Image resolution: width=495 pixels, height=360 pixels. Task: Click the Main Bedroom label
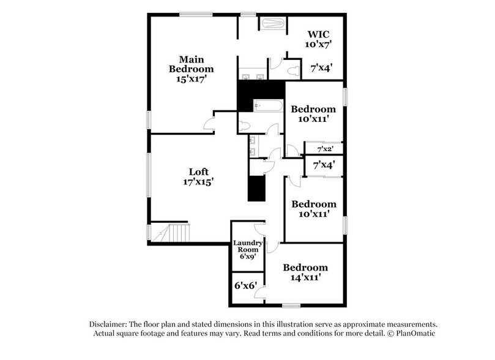tap(192, 69)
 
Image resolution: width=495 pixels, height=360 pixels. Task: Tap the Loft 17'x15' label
tap(197, 176)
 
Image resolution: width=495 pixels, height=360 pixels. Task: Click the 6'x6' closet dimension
tap(245, 285)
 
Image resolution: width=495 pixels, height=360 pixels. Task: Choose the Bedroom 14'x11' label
tap(305, 272)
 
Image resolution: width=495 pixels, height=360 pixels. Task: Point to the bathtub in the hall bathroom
tap(267, 107)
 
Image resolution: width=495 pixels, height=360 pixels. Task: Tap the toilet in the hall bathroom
tap(245, 126)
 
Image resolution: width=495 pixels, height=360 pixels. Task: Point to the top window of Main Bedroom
tap(196, 14)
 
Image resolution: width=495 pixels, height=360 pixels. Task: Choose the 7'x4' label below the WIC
tap(321, 69)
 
